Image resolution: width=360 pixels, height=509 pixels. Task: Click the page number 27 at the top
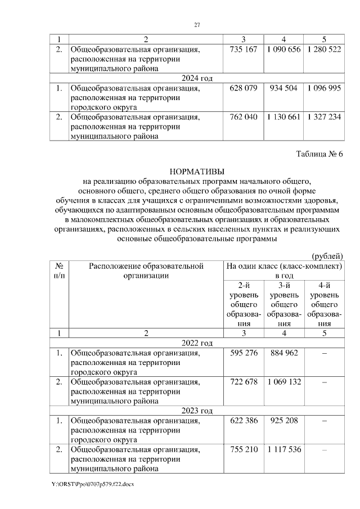[197, 25]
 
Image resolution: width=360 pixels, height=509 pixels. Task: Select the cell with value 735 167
[244, 49]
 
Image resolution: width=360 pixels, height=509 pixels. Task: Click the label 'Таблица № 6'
[319, 154]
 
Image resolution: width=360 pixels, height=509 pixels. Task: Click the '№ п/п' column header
[59, 271]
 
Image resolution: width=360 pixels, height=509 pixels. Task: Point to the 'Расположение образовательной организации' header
[146, 271]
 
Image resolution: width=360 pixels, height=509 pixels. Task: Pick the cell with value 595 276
[244, 353]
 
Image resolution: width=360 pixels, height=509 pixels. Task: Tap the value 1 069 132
[284, 382]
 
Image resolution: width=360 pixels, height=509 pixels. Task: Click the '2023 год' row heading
[196, 411]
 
